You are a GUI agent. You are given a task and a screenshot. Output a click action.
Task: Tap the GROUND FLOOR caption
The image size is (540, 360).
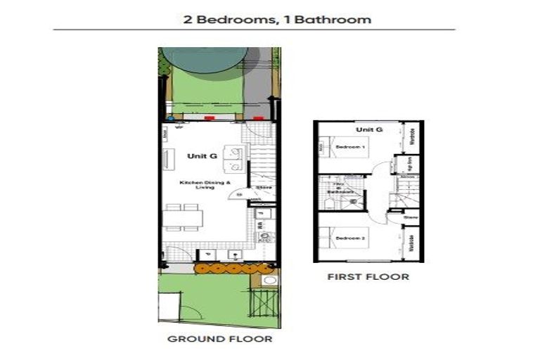point(219,339)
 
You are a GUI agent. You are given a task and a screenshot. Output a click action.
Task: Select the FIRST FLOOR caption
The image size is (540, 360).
point(368,276)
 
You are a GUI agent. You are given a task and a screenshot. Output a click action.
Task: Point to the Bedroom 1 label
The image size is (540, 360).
point(349,147)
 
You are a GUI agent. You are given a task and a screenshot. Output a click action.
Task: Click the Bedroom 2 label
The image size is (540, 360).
point(349,239)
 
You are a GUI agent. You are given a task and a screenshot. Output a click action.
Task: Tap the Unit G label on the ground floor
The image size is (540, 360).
point(197,155)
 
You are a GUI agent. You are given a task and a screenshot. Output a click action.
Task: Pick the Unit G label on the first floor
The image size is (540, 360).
point(369,129)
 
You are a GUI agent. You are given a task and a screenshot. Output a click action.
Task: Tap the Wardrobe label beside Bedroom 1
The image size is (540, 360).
point(413,137)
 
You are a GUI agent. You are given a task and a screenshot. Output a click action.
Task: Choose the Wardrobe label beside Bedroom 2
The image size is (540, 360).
point(413,246)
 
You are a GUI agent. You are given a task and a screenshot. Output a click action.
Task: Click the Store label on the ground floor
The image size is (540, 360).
point(264,188)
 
